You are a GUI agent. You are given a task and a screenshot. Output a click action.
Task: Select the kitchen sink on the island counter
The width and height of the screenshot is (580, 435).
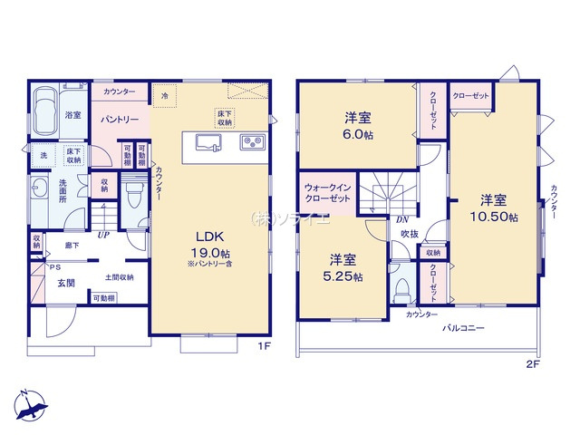pos(202,142)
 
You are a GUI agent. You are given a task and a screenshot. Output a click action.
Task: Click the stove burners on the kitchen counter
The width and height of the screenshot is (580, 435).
pos(251,142)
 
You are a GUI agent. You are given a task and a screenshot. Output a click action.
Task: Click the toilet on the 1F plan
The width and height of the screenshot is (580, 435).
pos(135,191)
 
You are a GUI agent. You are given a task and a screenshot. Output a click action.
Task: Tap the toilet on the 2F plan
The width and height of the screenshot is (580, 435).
pos(401,291)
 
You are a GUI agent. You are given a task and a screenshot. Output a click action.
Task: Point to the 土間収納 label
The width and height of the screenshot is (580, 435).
pos(119,277)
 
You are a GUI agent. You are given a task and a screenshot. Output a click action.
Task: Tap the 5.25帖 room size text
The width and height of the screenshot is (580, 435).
pos(345,275)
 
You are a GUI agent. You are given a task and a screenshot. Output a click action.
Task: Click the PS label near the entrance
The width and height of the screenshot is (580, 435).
pos(55,267)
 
